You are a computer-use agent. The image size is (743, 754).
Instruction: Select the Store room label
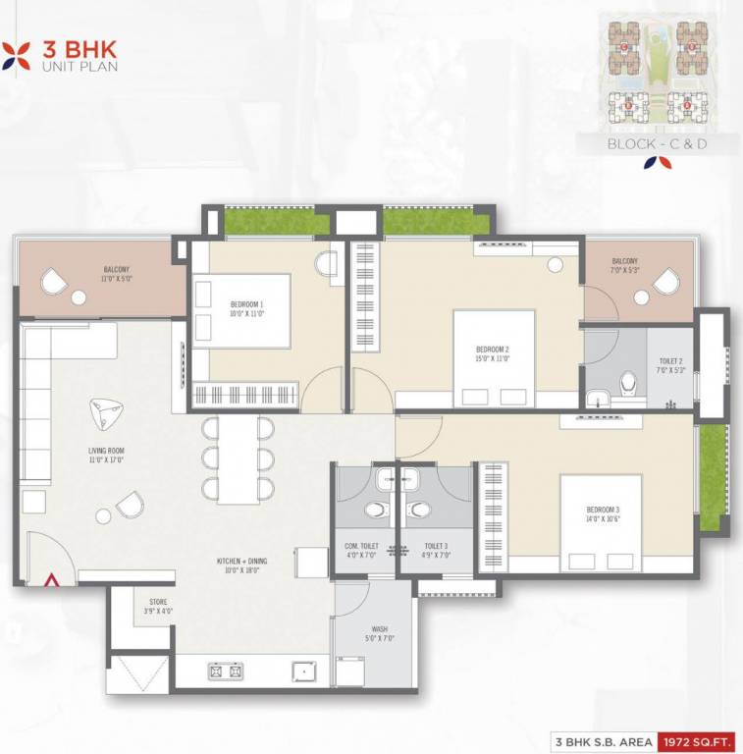click(159, 605)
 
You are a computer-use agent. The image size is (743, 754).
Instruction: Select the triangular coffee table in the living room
click(104, 414)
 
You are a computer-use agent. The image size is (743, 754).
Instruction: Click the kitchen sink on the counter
click(303, 672)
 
